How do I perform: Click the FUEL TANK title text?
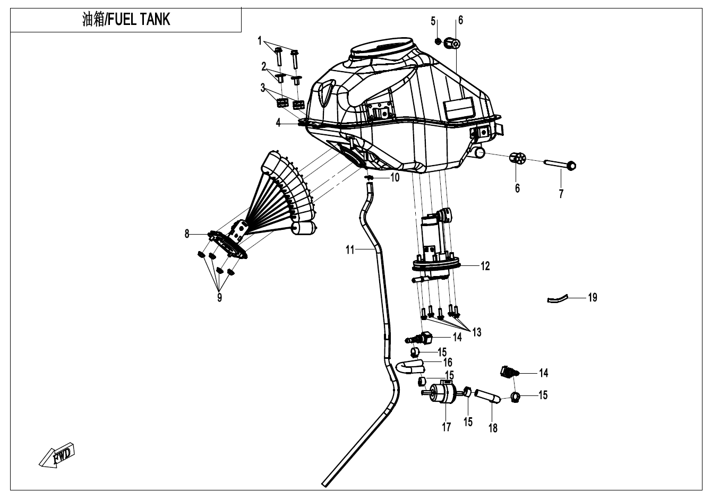[x=126, y=20]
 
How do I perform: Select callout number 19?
[x=593, y=297]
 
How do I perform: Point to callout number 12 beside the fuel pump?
[x=485, y=266]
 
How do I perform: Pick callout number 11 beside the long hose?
[x=350, y=249]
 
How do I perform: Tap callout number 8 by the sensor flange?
[x=187, y=234]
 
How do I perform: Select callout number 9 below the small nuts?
[x=219, y=298]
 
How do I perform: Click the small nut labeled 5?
[x=437, y=41]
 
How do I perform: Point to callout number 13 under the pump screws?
[x=476, y=332]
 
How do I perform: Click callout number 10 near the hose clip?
[x=395, y=178]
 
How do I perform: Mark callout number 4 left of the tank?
[x=278, y=123]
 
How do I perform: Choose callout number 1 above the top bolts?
[x=260, y=40]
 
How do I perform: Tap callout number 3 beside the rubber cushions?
[x=262, y=88]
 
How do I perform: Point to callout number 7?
[x=561, y=194]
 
